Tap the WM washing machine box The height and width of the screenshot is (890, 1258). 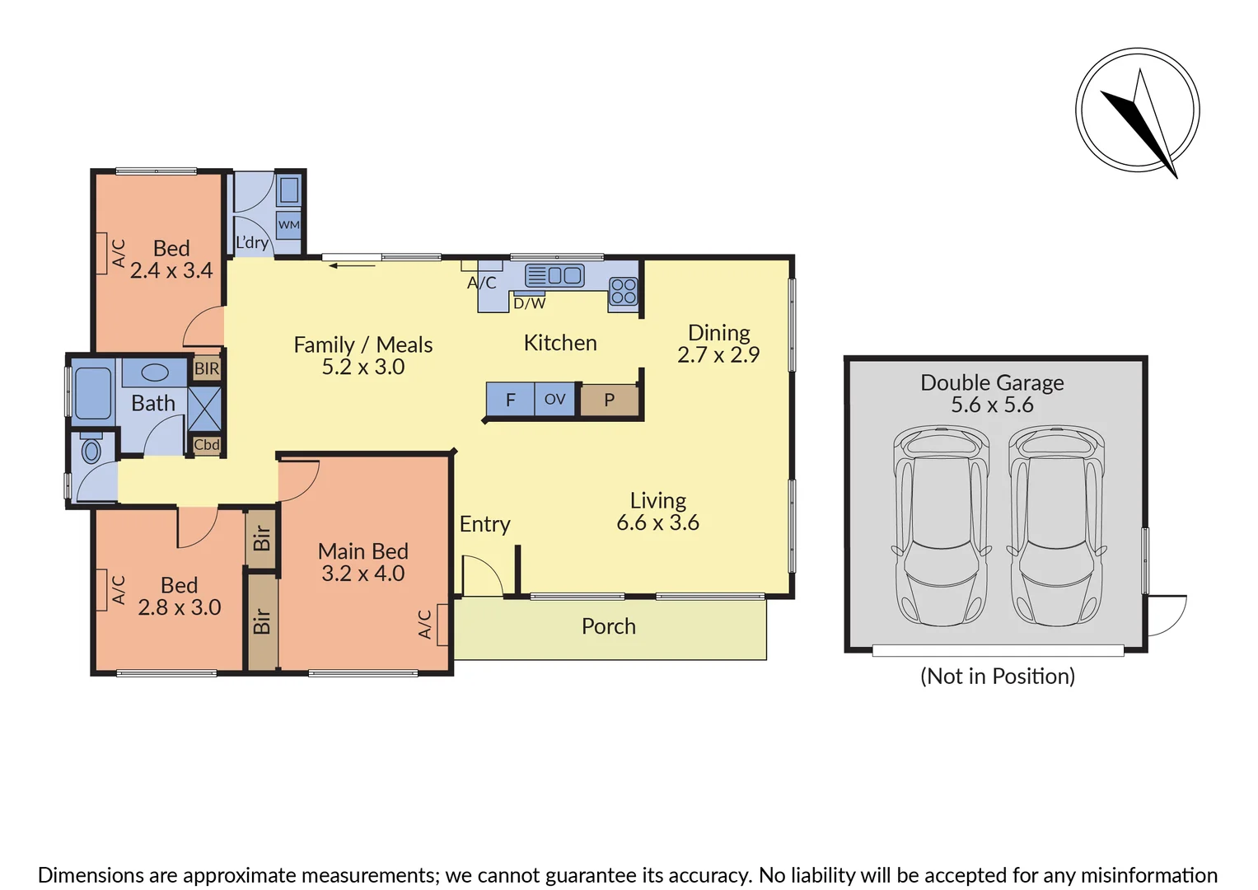coord(288,225)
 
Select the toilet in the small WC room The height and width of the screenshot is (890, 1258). coord(91,450)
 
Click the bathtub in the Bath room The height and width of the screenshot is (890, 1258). coord(92,393)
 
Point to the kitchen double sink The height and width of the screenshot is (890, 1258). coord(554,275)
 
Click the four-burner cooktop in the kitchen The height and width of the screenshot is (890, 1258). coord(624,291)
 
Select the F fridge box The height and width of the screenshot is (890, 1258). coord(510,400)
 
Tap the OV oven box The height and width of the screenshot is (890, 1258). coord(555,400)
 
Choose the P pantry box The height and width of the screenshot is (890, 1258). coord(610,400)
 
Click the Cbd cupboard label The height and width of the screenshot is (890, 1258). coord(207,445)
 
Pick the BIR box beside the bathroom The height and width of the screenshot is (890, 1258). coord(207,368)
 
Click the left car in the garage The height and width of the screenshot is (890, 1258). coord(942,525)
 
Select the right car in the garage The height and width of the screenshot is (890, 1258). coord(1056,525)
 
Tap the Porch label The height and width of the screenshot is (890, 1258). coord(609,626)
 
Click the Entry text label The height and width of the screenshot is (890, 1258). coord(484,524)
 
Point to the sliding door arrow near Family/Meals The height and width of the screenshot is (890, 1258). coord(353,265)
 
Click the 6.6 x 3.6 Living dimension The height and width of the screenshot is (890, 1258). coord(657,522)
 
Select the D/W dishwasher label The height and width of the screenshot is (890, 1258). coord(529,303)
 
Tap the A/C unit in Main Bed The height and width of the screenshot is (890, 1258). coord(442,625)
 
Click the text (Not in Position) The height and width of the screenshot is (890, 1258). coord(997,677)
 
